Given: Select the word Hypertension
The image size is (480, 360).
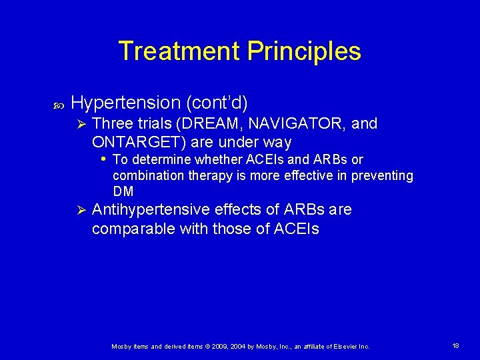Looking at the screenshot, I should coord(126,103).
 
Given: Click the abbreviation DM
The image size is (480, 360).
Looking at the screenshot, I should coord(123,191).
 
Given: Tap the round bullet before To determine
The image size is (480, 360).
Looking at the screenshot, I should coord(103,159).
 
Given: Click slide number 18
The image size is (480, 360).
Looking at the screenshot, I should coord(455,346).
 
